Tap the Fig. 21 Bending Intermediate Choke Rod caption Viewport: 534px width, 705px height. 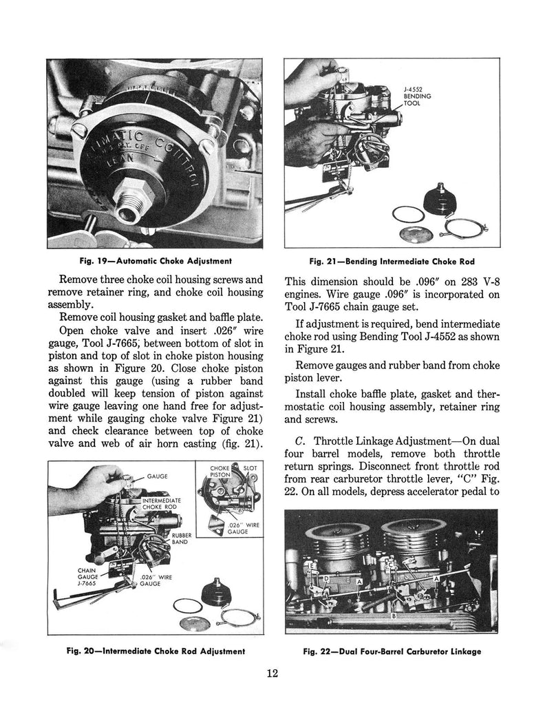click(x=392, y=261)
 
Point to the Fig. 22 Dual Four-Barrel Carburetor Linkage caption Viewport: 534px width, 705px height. click(x=392, y=651)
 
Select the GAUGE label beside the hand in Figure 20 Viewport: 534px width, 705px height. click(x=158, y=476)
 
